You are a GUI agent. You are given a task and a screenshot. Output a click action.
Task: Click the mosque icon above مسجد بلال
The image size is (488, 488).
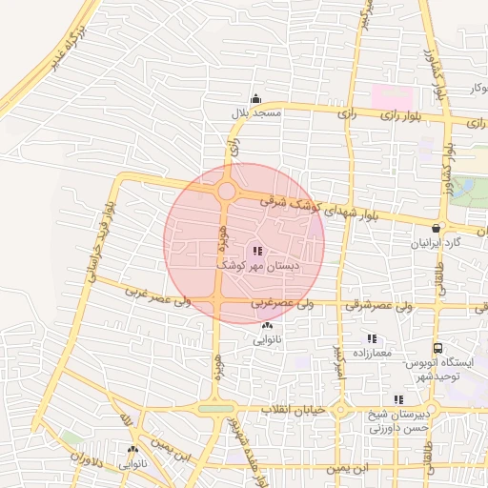255,99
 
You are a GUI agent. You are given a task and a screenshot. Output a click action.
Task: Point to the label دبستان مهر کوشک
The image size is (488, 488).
257,264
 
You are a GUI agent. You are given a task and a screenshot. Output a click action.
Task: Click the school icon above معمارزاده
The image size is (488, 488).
372,338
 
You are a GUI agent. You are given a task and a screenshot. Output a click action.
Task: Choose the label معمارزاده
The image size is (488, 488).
372,353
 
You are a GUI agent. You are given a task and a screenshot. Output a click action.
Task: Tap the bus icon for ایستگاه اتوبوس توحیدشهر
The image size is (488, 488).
437,348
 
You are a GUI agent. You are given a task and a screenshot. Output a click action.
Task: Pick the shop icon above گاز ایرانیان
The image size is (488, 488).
437,228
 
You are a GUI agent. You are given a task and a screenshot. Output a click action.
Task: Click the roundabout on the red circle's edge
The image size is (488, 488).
226,192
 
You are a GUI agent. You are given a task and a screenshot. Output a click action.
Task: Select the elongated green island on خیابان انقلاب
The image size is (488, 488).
216,409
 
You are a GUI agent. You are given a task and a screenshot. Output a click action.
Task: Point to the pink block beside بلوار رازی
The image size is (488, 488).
392,97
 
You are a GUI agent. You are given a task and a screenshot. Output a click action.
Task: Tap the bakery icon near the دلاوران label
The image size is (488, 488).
132,449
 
